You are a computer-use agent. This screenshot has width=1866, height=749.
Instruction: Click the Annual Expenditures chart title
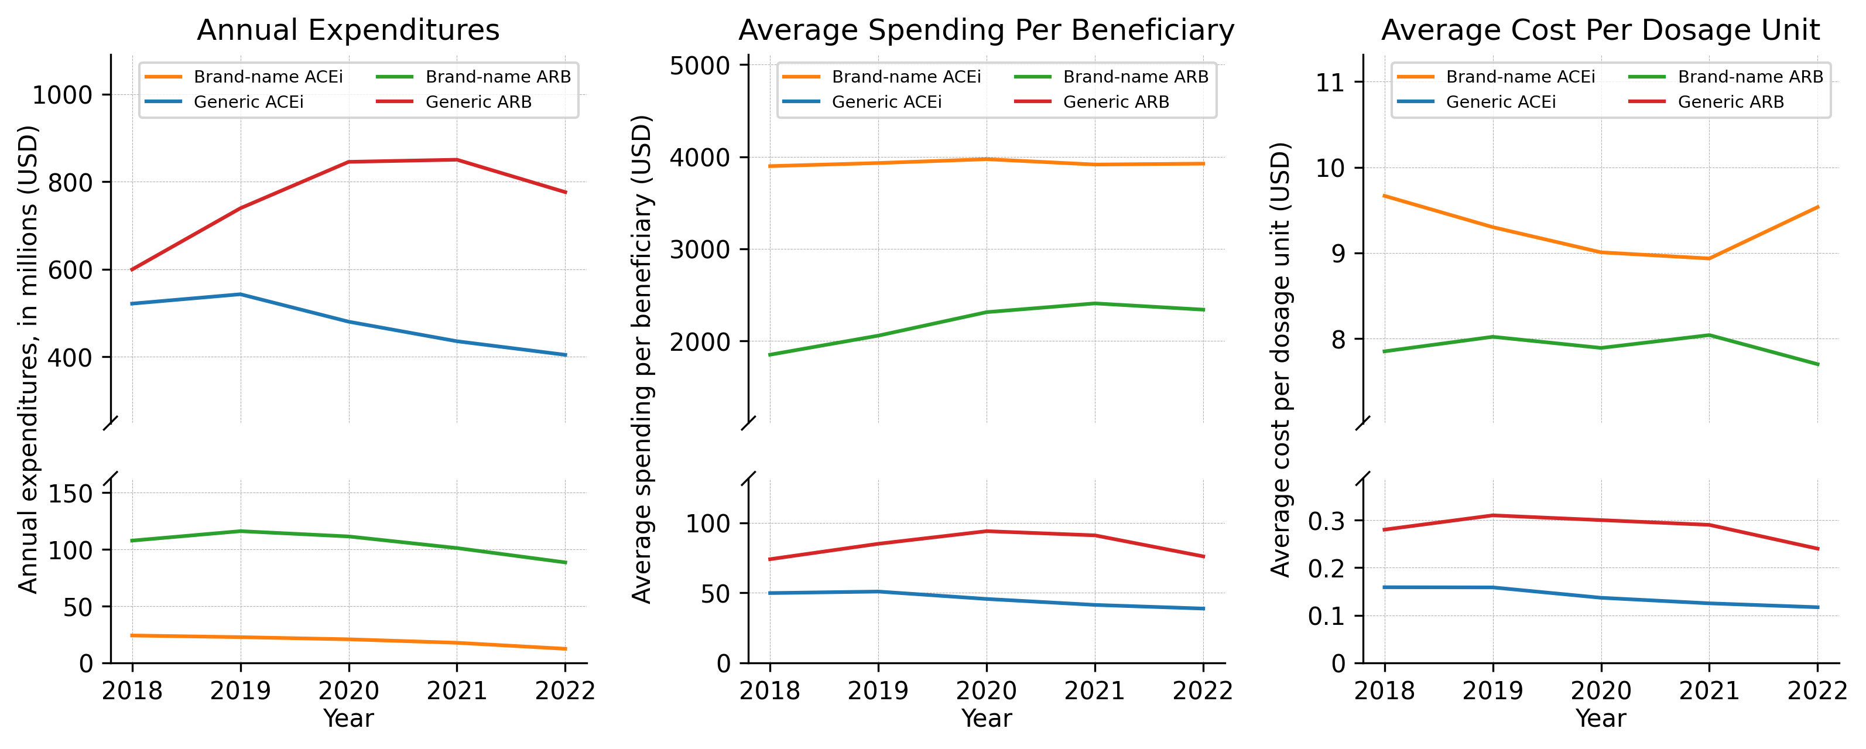click(x=348, y=30)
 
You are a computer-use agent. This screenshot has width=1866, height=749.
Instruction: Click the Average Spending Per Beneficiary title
click(x=986, y=30)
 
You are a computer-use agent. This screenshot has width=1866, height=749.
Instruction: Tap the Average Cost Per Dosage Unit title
click(x=1600, y=30)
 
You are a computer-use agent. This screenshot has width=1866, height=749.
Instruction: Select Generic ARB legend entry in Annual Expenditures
click(x=478, y=102)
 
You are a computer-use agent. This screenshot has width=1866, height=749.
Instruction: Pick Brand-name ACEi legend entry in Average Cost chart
click(x=1520, y=77)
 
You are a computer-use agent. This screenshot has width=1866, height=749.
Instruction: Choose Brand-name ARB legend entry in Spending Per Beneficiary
click(x=1135, y=77)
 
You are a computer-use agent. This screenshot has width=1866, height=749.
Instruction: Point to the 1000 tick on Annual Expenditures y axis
click(x=62, y=95)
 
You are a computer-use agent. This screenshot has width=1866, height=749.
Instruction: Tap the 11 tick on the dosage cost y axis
click(x=1330, y=82)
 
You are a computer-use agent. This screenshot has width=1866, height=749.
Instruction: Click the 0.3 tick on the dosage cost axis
click(x=1326, y=521)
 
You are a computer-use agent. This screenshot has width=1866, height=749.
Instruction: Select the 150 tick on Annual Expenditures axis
click(x=70, y=493)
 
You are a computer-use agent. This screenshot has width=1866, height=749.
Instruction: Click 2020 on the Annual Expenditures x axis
click(x=348, y=690)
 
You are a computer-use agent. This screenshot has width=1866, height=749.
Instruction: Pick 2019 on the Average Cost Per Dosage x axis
click(x=1492, y=690)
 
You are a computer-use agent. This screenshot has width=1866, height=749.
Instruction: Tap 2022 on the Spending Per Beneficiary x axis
click(x=1203, y=690)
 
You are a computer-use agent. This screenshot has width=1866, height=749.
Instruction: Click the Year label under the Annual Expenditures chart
click(x=348, y=719)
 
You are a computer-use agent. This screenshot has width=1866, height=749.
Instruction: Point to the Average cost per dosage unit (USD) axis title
click(x=1280, y=360)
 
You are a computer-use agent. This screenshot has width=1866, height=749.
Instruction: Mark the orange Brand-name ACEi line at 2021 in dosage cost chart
click(x=1709, y=259)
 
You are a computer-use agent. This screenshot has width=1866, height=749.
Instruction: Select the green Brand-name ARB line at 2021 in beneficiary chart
click(x=1094, y=303)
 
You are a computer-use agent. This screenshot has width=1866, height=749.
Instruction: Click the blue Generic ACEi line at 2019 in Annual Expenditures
click(x=241, y=294)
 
